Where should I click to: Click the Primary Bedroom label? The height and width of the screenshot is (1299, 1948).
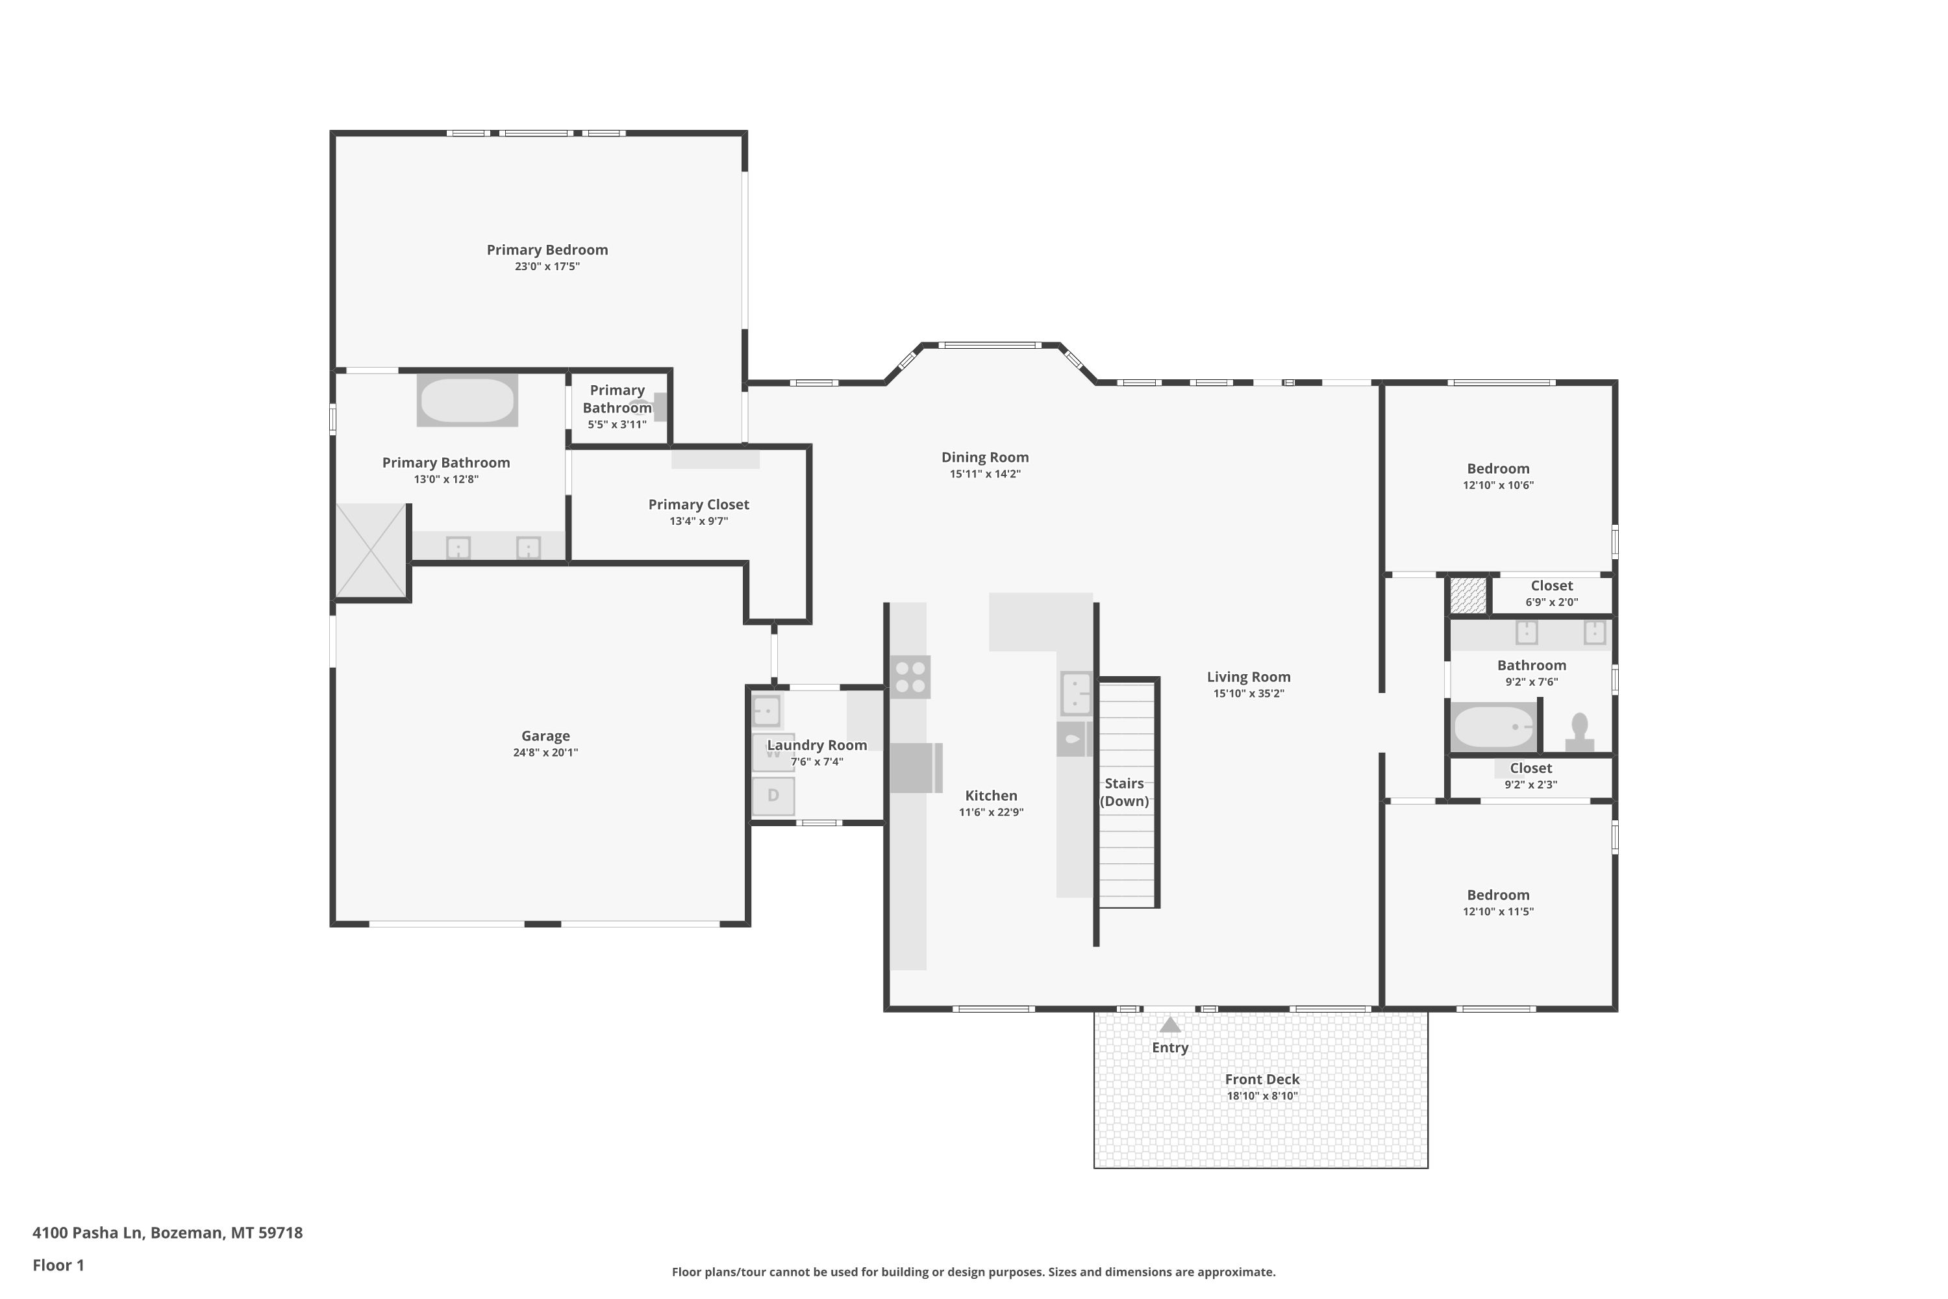547,250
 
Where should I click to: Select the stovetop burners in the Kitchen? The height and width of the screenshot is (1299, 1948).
910,677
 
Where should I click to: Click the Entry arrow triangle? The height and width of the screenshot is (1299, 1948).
1169,1025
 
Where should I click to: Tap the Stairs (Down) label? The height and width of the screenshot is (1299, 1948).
1124,792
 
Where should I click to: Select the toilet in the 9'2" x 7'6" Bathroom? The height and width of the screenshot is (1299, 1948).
1579,733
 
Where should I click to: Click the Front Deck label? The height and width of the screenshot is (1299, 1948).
1262,1079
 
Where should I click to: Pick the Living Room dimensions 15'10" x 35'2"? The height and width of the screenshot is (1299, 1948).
1248,694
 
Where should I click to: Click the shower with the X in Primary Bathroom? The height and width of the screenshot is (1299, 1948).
371,550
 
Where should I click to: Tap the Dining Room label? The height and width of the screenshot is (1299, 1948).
985,457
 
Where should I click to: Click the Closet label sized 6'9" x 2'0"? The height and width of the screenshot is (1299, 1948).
1551,586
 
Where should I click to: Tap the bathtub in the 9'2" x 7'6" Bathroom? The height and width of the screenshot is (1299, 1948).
1493,727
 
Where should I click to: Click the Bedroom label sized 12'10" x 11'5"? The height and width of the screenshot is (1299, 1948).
1497,895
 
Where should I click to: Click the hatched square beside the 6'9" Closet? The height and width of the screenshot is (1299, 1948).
1468,596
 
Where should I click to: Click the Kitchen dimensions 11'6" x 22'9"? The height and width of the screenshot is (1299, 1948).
991,813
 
